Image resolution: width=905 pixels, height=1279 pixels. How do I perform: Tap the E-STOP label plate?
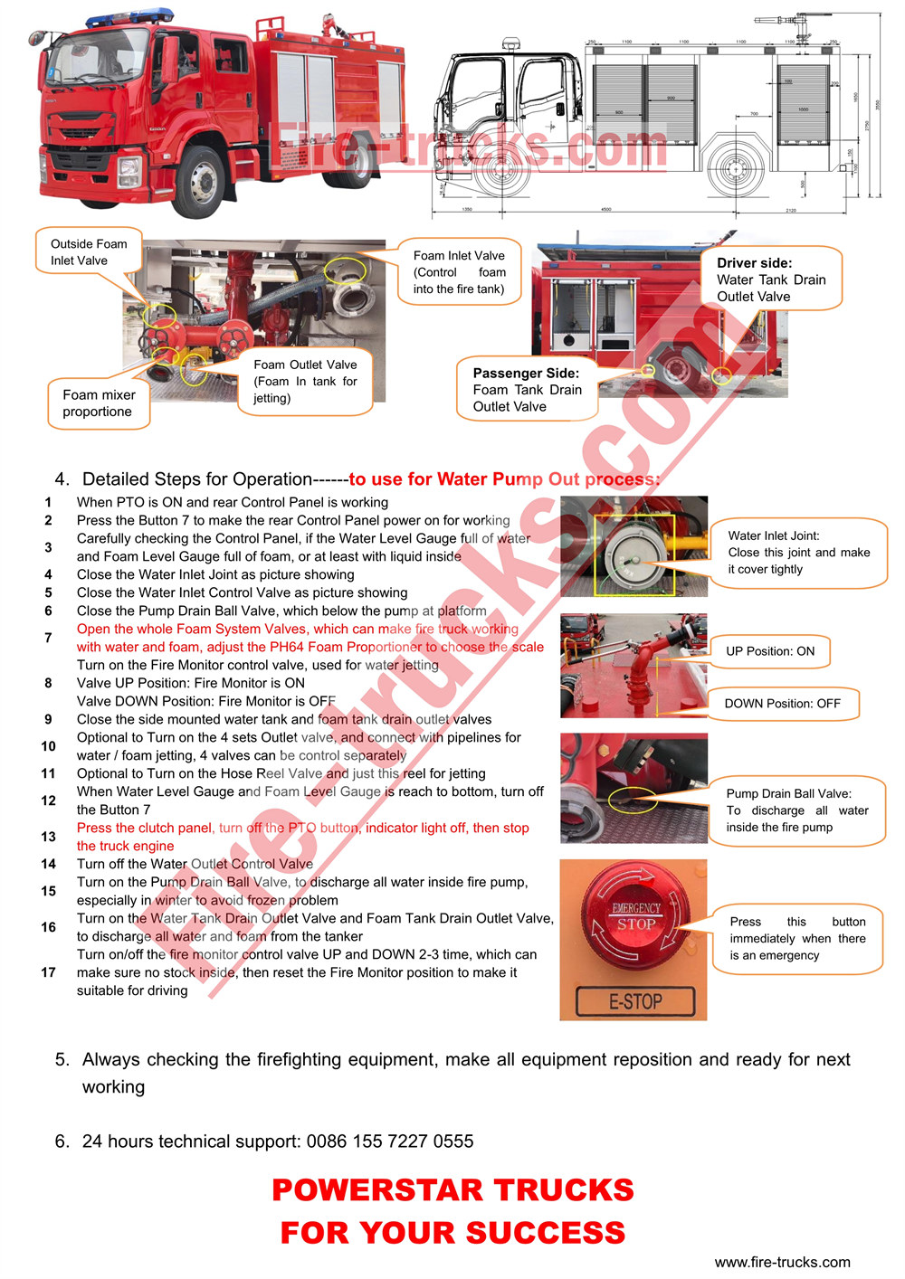click(635, 1001)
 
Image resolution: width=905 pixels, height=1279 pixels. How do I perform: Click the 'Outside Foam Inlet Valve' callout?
click(89, 252)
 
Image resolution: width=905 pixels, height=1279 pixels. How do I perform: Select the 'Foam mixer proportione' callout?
click(99, 403)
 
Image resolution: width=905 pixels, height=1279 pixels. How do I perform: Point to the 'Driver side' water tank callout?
click(771, 279)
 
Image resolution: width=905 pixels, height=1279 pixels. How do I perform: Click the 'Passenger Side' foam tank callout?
click(527, 390)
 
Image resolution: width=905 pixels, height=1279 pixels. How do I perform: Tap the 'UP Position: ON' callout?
click(770, 651)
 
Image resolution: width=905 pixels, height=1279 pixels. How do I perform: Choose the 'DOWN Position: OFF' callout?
click(782, 704)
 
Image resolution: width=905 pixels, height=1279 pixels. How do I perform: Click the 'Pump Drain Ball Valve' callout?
click(796, 810)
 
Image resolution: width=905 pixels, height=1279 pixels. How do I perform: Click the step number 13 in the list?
click(49, 837)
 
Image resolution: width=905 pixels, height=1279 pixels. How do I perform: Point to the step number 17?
click(49, 972)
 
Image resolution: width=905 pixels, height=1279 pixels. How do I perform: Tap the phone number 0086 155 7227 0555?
click(390, 1142)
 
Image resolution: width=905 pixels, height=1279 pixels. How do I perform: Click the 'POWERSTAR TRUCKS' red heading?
click(452, 1190)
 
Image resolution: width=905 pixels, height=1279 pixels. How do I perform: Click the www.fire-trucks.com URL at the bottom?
click(782, 1262)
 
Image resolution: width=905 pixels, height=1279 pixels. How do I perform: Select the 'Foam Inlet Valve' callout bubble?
click(459, 272)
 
